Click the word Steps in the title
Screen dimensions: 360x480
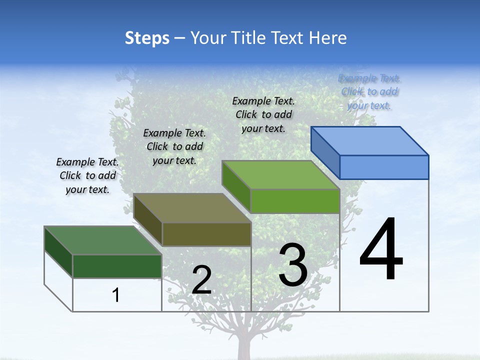[x=147, y=38]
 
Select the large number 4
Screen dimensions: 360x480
[x=381, y=250]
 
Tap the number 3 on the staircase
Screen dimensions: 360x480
[x=293, y=265]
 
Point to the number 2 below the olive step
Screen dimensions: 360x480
[x=201, y=280]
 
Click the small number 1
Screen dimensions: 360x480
[x=116, y=295]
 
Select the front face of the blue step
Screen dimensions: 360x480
[x=384, y=167]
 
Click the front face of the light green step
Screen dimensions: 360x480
[x=295, y=201]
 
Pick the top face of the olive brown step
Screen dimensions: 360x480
[x=192, y=208]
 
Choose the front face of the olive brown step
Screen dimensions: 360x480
[x=206, y=234]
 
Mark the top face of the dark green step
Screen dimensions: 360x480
[x=103, y=240]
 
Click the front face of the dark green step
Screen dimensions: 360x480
[x=117, y=266]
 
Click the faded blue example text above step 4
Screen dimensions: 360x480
[x=369, y=91]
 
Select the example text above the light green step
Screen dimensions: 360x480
[x=263, y=114]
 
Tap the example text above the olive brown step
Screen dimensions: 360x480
[x=174, y=146]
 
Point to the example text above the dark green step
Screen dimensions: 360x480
[x=87, y=175]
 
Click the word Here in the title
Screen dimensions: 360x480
[x=328, y=38]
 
